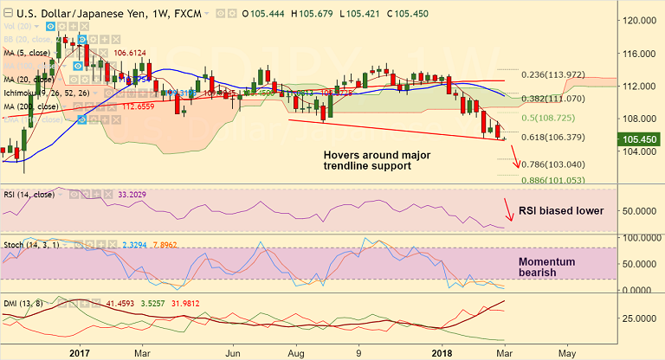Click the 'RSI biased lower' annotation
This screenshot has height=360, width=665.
tap(560, 210)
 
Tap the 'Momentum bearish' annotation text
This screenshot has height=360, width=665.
tap(548, 267)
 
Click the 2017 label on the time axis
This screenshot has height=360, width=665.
tap(80, 353)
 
